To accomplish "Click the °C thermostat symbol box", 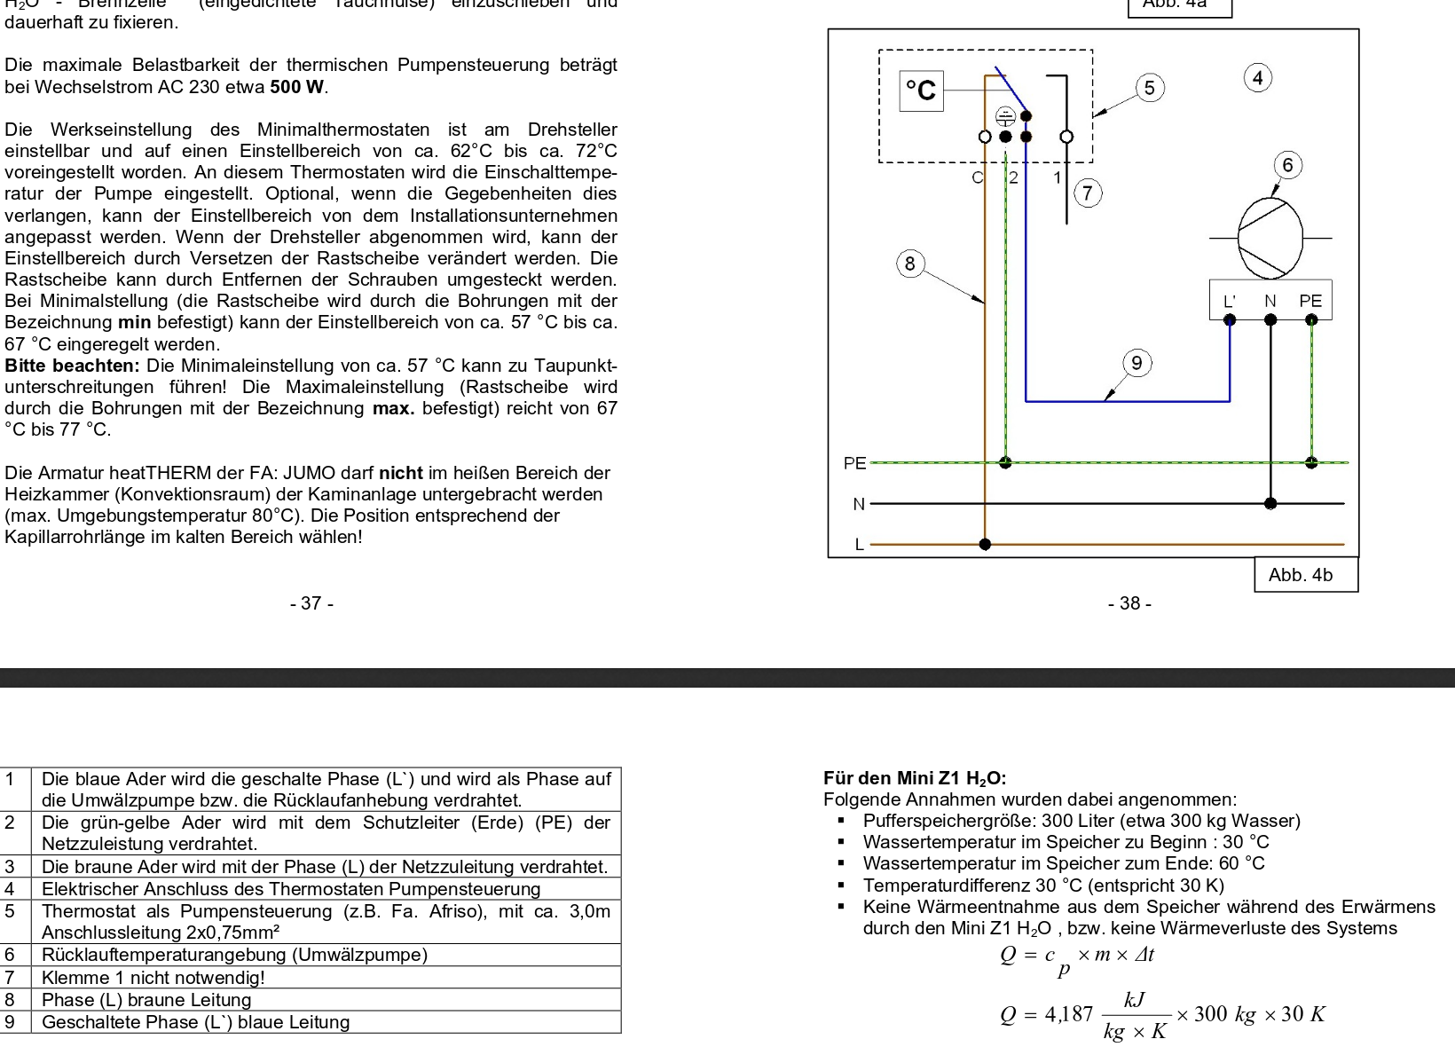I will [921, 91].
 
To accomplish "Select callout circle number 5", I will [1150, 88].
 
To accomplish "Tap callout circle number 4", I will [1258, 78].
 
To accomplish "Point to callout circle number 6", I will [1287, 165].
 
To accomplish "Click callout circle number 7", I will [1088, 193].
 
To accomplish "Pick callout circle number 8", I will [909, 264].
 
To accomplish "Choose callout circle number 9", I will [1136, 363].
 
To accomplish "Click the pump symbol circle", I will [1270, 238].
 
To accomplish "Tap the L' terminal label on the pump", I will [1230, 301].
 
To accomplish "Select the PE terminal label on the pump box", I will [1310, 301].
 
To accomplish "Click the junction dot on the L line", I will [985, 544].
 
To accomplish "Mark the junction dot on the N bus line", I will [1270, 503].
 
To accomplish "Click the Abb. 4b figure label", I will [1301, 575].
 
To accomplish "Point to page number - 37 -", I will [311, 603].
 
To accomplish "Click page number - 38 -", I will [1129, 603].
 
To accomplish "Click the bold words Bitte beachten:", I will [73, 366].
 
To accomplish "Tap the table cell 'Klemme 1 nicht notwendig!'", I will [153, 978].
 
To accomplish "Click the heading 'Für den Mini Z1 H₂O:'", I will [915, 779].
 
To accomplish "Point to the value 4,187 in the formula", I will [1070, 1014].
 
